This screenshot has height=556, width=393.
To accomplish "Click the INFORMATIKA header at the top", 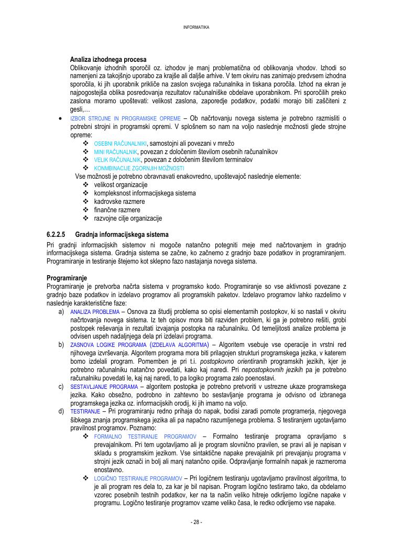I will coord(196,27).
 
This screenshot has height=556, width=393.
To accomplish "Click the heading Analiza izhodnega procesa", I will coord(108,59).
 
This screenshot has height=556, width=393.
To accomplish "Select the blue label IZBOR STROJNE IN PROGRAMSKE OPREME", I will coord(125,118).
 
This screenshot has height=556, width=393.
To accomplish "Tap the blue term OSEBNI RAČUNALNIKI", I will coord(121,144).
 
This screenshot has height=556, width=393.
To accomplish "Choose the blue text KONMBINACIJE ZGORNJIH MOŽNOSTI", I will coord(139,168).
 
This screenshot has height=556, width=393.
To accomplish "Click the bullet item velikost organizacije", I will coord(121,184).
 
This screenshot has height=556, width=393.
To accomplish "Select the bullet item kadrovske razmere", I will coord(119,201).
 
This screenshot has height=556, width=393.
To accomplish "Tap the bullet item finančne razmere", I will coord(117,210).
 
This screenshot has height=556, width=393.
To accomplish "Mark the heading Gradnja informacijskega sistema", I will coord(122,234).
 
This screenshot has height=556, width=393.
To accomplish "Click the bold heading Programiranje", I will coord(67,278).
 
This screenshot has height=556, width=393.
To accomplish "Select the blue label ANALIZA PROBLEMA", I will coord(95,312).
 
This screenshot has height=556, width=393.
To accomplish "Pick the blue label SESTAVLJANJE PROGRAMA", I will coord(104,387).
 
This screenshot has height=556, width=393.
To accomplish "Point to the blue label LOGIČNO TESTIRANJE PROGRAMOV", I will coord(138,479).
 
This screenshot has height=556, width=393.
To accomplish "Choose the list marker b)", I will coord(61,345).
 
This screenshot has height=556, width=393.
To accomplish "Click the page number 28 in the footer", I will coord(196,522).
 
